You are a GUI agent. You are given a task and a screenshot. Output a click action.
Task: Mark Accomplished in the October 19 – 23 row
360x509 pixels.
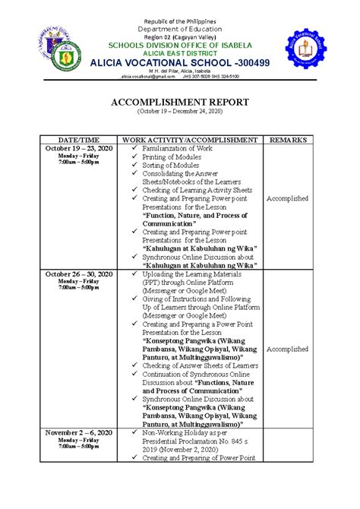(x=287, y=198)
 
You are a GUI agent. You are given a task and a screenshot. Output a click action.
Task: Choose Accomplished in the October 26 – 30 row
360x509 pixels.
(x=287, y=349)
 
